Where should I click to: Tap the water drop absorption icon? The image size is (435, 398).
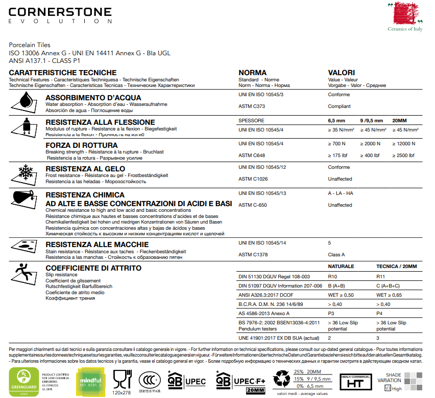point(25,102)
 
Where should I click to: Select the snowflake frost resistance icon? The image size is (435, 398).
point(25,173)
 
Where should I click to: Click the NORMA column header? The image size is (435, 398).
point(252,73)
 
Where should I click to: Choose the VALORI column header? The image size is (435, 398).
point(341,73)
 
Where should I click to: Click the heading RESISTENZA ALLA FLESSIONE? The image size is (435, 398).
point(100,122)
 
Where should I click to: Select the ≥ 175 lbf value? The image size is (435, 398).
point(339,156)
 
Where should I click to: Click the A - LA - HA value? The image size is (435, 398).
point(341,193)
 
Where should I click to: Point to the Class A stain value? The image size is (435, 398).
point(336,255)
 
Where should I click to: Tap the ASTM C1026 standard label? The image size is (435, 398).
point(254,179)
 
